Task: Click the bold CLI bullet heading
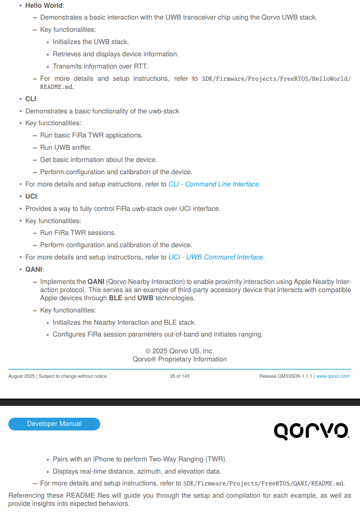click(x=31, y=99)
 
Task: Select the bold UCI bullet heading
click(x=31, y=196)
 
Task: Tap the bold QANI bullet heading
click(x=34, y=269)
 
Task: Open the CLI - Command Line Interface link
click(x=214, y=184)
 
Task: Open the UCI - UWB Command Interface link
click(x=216, y=257)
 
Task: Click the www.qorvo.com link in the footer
click(x=333, y=376)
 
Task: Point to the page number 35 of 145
click(x=179, y=376)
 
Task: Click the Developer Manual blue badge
click(x=54, y=424)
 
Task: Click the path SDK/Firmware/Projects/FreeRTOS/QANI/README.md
click(x=263, y=484)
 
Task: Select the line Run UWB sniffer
click(x=66, y=148)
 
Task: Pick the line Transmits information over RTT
click(x=100, y=66)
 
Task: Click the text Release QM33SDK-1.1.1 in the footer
click(x=285, y=376)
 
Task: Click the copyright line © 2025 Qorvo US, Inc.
click(x=179, y=351)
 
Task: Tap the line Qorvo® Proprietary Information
click(x=179, y=359)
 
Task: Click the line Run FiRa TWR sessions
click(x=78, y=233)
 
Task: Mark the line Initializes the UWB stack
click(x=91, y=42)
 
